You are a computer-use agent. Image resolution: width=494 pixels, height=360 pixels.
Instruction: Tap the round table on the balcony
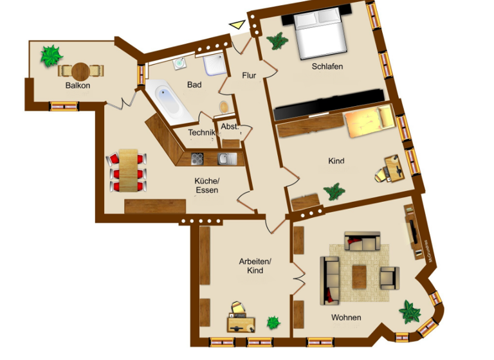click(80, 70)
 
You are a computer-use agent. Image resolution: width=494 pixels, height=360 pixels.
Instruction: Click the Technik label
click(200, 133)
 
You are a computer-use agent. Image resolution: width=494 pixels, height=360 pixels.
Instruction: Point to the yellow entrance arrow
click(237, 25)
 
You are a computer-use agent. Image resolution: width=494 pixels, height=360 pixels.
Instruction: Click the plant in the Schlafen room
click(278, 42)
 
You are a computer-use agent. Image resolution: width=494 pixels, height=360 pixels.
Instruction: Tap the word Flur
click(249, 75)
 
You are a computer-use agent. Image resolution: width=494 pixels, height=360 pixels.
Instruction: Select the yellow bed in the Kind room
click(367, 122)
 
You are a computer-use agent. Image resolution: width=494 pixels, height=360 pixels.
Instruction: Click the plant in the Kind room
click(333, 191)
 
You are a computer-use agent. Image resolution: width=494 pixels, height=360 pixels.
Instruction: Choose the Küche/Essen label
click(206, 185)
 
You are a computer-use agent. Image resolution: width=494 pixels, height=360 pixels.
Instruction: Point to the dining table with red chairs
click(129, 171)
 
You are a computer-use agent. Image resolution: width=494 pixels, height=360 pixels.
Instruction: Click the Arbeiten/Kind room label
click(255, 266)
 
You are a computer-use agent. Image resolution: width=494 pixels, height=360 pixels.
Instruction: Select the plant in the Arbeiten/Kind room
click(273, 321)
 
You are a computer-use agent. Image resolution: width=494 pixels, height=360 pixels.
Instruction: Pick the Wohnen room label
click(346, 318)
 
